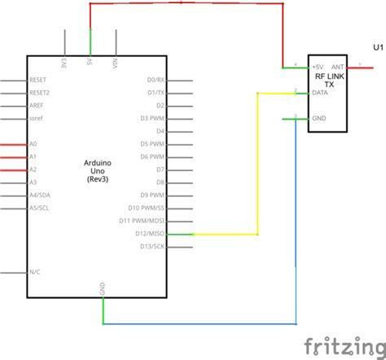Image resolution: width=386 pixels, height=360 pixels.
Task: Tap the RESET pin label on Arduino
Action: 38,81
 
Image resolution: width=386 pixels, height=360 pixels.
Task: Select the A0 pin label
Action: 33,144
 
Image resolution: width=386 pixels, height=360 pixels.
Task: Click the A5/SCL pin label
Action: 38,208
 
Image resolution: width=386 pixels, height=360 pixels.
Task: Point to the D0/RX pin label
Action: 155,81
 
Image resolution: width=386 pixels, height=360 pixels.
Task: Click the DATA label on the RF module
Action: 320,93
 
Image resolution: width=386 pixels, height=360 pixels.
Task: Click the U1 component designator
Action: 377,48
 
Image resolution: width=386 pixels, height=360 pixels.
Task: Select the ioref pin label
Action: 37,119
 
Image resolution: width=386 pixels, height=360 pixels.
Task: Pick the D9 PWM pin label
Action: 153,195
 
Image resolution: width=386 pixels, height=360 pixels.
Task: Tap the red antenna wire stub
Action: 359,68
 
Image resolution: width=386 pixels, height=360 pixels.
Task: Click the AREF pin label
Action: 37,106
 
